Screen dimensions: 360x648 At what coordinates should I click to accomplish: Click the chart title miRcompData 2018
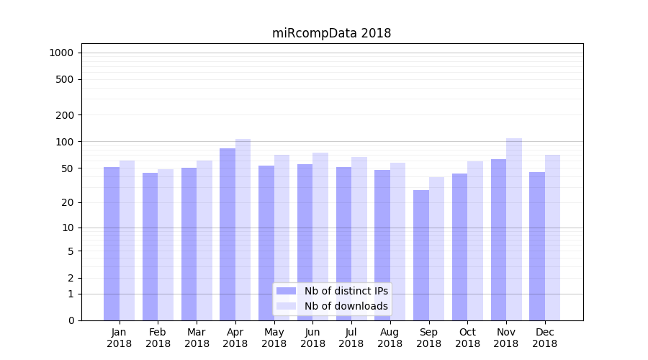[331, 33]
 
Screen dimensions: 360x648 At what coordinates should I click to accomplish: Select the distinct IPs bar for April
[228, 234]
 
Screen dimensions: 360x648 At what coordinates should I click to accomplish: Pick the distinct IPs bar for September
[421, 255]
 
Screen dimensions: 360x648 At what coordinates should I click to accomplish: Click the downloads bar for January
[127, 240]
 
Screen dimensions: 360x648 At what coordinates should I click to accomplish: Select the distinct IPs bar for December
[537, 246]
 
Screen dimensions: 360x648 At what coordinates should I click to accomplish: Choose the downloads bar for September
[436, 248]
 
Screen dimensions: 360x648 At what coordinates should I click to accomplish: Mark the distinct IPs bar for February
[150, 246]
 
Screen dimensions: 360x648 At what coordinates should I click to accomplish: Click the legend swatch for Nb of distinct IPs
[286, 291]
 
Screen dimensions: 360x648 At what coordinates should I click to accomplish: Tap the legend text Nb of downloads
[346, 306]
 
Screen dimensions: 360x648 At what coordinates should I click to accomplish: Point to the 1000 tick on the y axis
[61, 53]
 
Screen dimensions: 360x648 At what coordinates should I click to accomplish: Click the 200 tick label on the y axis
[64, 115]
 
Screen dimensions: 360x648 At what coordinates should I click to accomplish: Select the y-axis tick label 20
[67, 202]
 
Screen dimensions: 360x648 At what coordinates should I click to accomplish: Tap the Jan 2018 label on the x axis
[119, 338]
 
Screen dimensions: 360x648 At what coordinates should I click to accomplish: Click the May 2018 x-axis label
[274, 338]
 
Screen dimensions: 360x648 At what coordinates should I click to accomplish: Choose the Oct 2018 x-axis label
[467, 338]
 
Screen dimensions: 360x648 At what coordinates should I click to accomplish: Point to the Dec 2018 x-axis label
[545, 338]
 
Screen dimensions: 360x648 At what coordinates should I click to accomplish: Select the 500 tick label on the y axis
[64, 79]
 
